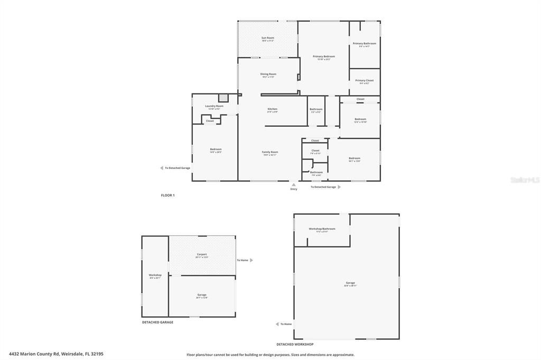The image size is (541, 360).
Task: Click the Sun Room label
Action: (268, 38)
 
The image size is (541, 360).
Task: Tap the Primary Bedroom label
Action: (323, 56)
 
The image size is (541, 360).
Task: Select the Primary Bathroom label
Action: (365, 44)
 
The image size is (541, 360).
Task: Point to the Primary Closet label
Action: (364, 81)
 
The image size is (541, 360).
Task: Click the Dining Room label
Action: (268, 74)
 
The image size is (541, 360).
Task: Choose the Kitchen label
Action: (272, 109)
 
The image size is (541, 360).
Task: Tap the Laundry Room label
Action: (214, 106)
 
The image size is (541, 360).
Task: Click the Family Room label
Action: (269, 153)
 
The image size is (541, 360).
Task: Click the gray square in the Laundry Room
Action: (223, 98)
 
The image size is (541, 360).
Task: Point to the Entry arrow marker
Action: (294, 185)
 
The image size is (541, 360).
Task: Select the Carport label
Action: (202, 255)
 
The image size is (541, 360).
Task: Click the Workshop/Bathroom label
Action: (322, 229)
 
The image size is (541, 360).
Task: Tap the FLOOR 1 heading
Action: (167, 195)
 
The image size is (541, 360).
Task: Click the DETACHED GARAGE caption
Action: (157, 322)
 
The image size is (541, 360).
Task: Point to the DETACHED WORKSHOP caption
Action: (295, 344)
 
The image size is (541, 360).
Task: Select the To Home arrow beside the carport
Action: (251, 260)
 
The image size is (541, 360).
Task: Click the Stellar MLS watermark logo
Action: (525, 180)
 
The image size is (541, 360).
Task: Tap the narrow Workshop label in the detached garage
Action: (155, 275)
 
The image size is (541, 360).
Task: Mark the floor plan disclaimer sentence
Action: (270, 355)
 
